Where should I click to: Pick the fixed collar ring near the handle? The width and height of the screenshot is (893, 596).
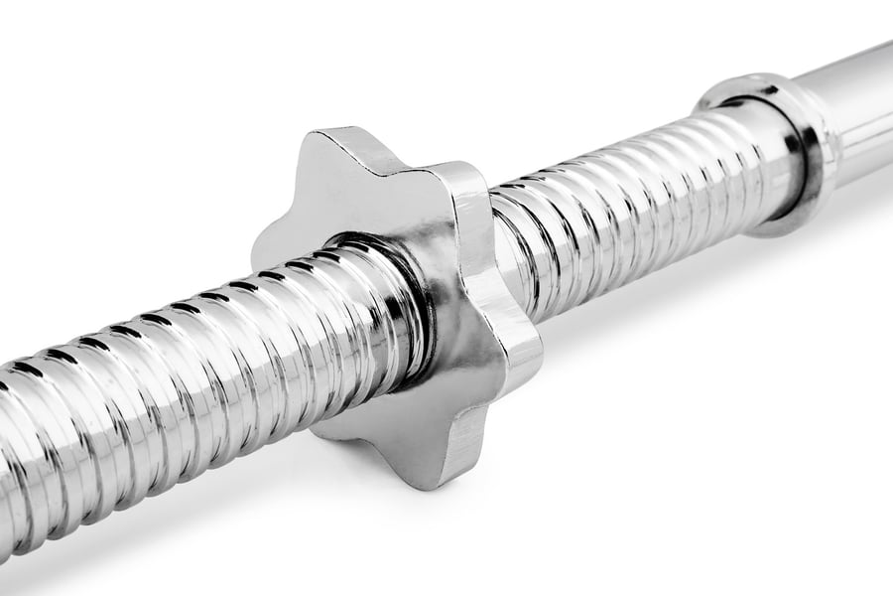coord(784,149)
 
